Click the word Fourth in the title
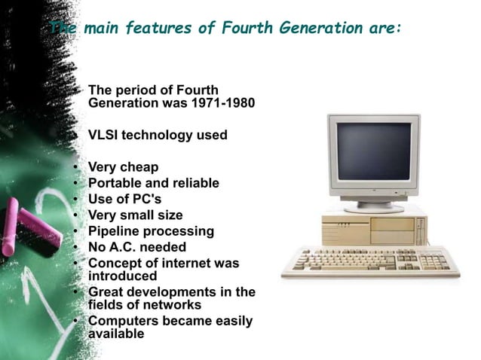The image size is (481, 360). click(246, 29)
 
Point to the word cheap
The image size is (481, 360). click(141, 167)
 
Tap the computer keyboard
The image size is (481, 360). click(369, 264)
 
